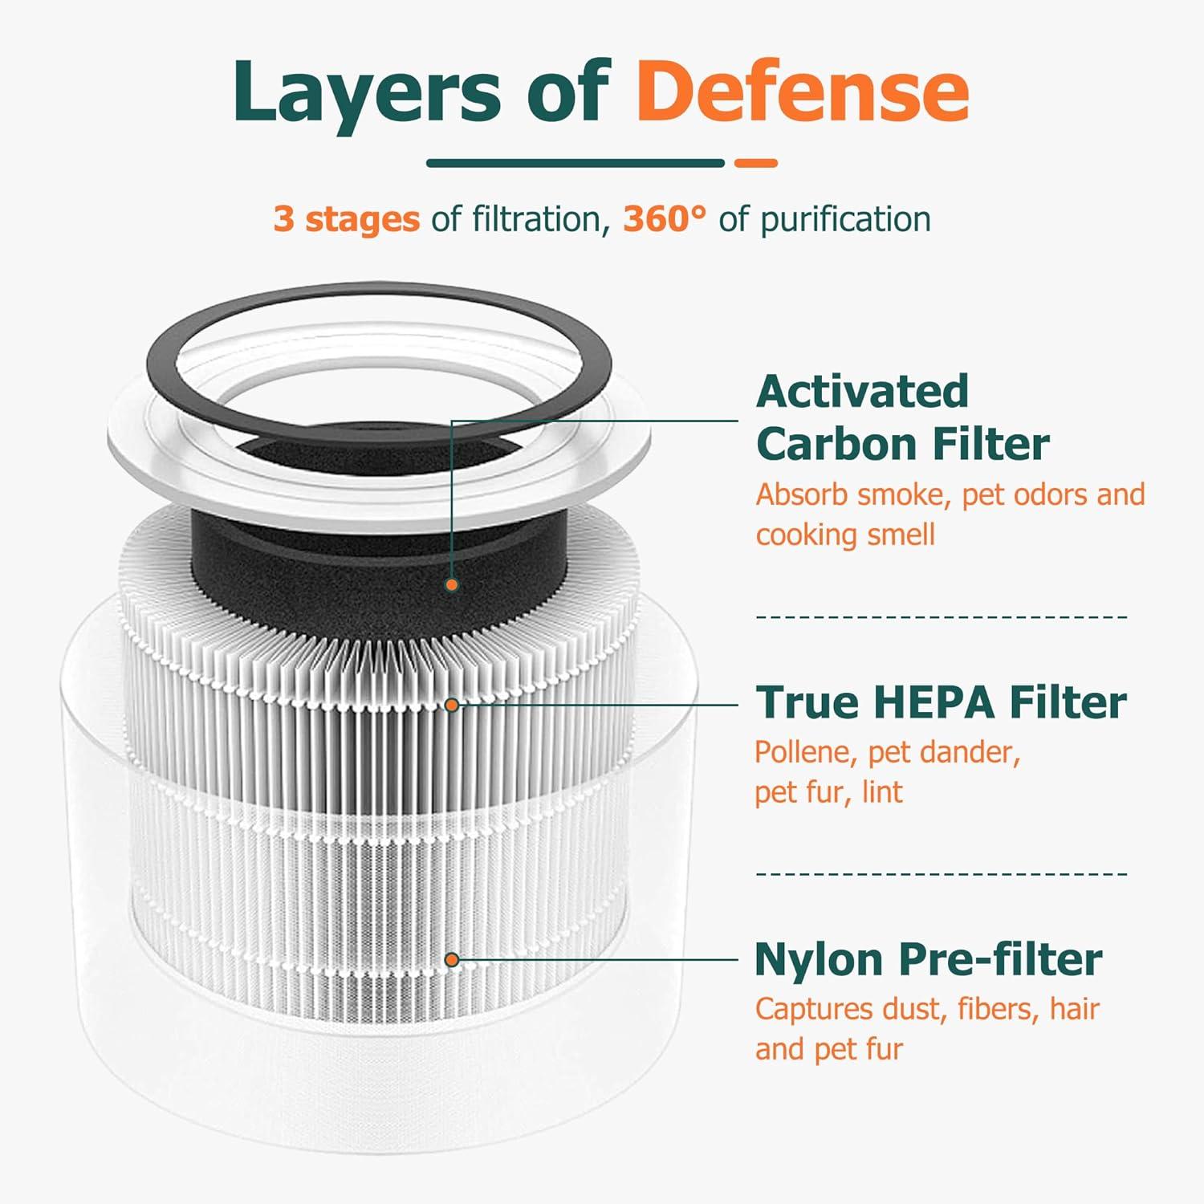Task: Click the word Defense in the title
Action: pyautogui.click(x=803, y=92)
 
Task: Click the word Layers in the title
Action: pyautogui.click(x=366, y=92)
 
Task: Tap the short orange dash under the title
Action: pyautogui.click(x=755, y=163)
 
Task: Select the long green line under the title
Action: pyautogui.click(x=575, y=163)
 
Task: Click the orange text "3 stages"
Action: pyautogui.click(x=346, y=219)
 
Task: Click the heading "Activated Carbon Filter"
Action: pyautogui.click(x=901, y=417)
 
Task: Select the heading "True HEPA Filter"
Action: pyautogui.click(x=940, y=702)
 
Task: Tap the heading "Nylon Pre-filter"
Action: pyautogui.click(x=928, y=959)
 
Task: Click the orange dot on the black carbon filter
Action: pyautogui.click(x=452, y=585)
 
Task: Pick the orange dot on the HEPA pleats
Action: pyautogui.click(x=452, y=705)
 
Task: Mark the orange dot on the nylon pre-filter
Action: pyautogui.click(x=452, y=960)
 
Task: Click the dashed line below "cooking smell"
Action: pyautogui.click(x=942, y=616)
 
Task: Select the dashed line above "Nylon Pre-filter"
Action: pyautogui.click(x=942, y=873)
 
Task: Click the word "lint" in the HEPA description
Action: pyautogui.click(x=882, y=793)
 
